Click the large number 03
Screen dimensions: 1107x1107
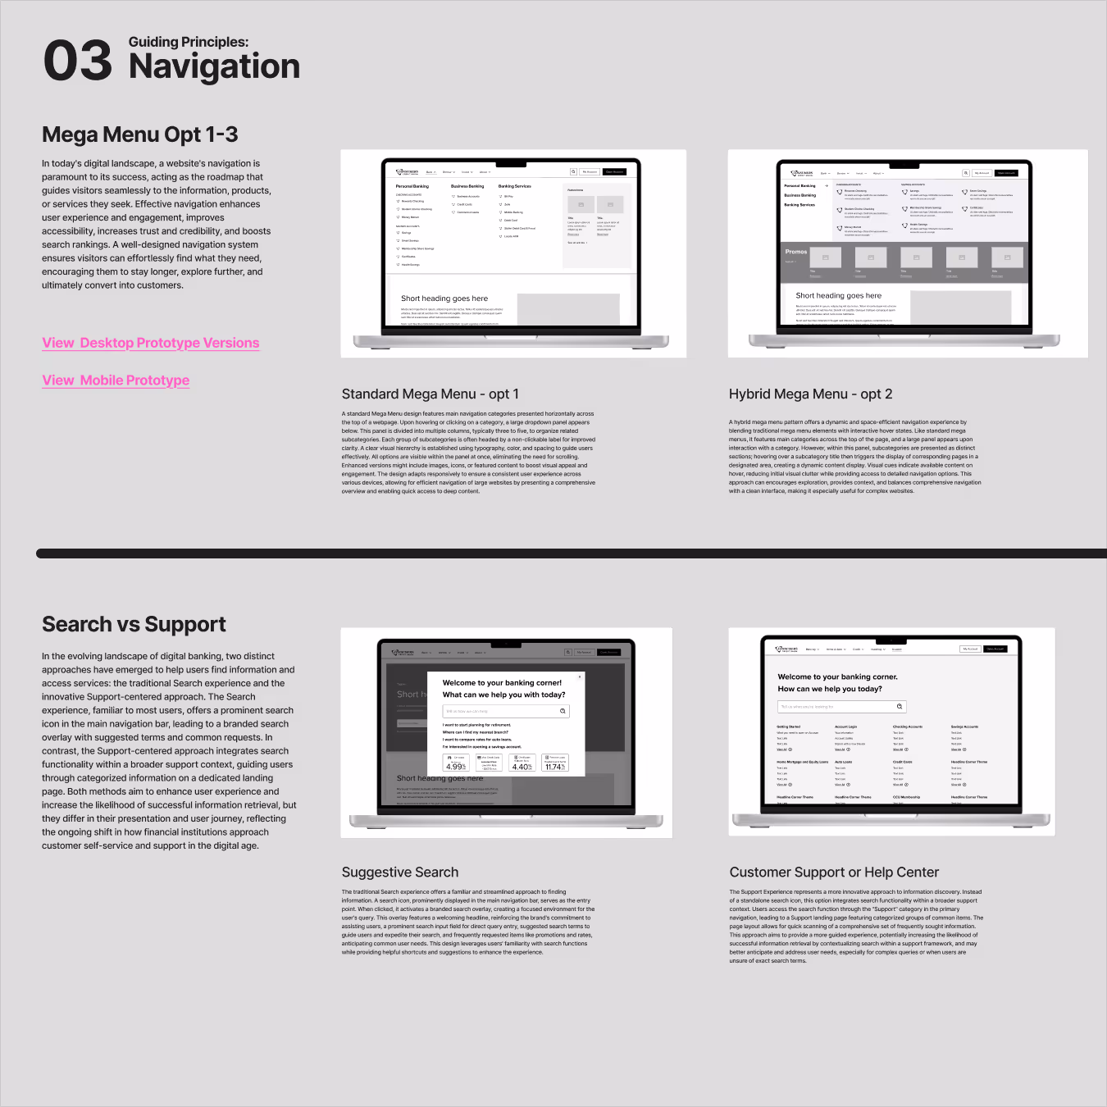(77, 61)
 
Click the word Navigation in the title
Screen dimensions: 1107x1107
(214, 66)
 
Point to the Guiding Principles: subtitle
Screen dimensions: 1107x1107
(188, 42)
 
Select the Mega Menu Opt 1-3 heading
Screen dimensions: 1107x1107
(140, 134)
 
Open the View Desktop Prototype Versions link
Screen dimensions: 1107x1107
(151, 343)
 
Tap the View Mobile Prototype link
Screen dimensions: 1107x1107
(116, 380)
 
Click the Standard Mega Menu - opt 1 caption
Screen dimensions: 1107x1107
(430, 394)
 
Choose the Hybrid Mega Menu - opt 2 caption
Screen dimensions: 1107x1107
(810, 394)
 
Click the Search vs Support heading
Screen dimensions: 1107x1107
(134, 625)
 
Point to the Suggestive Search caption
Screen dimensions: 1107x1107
(399, 872)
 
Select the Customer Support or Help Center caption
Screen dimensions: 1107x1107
(834, 872)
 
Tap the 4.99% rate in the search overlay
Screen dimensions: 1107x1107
(456, 767)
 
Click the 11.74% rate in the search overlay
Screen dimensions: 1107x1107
(555, 767)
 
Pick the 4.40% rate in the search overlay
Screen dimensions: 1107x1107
(522, 767)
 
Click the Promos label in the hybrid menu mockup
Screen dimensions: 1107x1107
(795, 252)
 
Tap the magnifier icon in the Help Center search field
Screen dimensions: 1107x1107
(900, 706)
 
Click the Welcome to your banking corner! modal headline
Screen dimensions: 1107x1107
(502, 682)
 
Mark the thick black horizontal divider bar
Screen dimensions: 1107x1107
(571, 553)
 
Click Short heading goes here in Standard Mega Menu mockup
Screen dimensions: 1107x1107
(444, 298)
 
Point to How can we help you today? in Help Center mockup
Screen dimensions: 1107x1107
(829, 689)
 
